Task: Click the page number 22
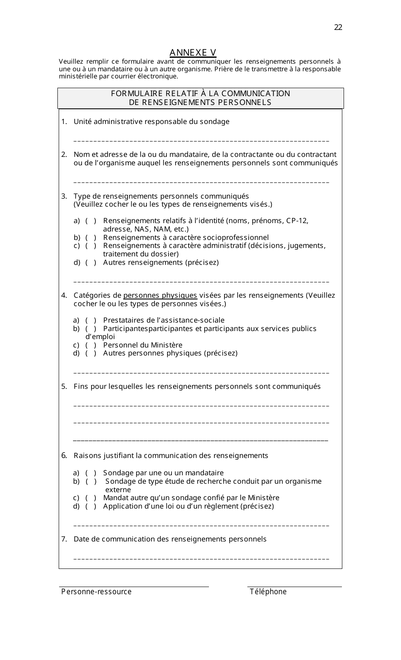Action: (338, 27)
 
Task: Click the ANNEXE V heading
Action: (193, 53)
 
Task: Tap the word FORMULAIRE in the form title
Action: (131, 94)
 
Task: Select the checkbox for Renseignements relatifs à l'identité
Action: (91, 221)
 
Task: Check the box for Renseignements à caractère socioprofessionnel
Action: (91, 238)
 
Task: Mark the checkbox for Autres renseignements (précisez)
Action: (91, 263)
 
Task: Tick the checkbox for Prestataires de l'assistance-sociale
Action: (91, 321)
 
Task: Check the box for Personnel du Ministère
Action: (91, 345)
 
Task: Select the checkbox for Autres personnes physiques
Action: (91, 353)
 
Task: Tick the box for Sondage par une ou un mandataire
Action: (91, 473)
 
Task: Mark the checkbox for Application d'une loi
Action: (91, 506)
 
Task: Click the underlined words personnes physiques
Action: (160, 296)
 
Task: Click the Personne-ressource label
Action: (96, 592)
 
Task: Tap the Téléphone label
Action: (268, 592)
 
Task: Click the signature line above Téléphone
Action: (294, 586)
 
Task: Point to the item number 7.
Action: (64, 539)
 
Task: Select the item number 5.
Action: (64, 387)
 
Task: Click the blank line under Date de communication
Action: (201, 559)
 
